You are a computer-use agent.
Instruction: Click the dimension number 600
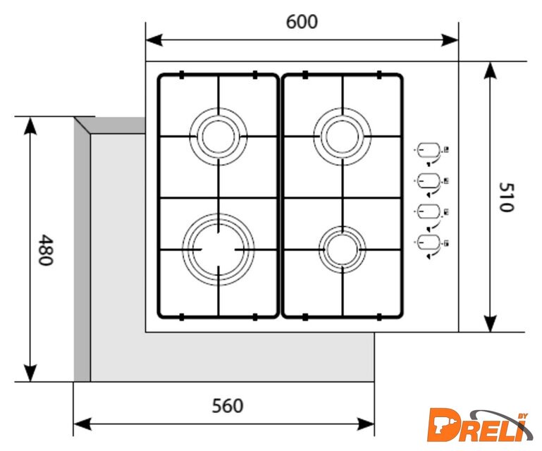(x=302, y=22)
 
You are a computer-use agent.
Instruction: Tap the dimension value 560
(x=227, y=406)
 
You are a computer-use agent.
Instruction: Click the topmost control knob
(x=427, y=151)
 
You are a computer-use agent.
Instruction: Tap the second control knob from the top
(x=427, y=182)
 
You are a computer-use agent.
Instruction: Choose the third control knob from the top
(x=427, y=212)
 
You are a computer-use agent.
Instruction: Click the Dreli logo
(x=479, y=425)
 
